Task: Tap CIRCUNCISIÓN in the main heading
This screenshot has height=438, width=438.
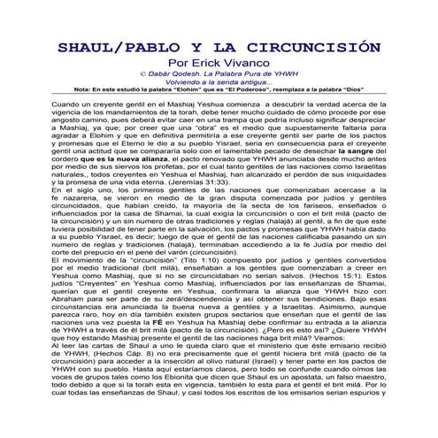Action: (318, 48)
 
